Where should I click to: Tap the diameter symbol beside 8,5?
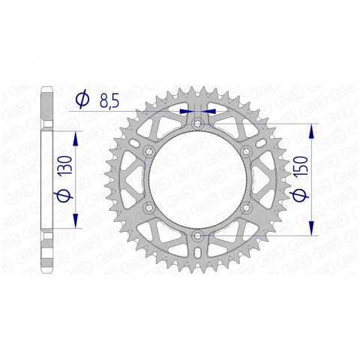point(83,98)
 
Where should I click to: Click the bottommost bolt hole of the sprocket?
point(196,236)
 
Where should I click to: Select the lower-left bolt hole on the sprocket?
point(148,208)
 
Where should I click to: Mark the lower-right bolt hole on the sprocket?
point(245,208)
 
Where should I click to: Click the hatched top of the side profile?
point(46,105)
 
